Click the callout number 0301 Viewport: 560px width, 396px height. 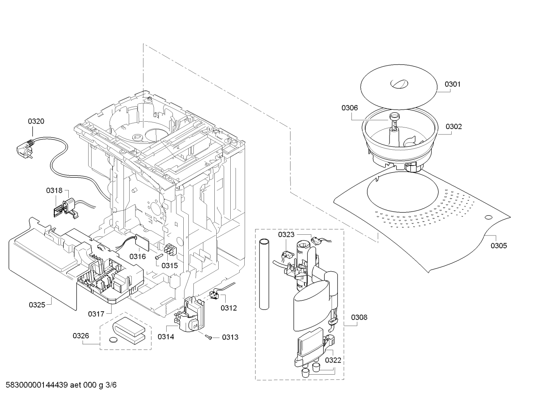click(452, 84)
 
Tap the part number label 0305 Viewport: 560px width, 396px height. click(499, 246)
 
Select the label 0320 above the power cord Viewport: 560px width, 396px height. click(36, 121)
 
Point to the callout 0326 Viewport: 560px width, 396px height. click(81, 336)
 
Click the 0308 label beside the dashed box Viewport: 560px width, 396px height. click(359, 317)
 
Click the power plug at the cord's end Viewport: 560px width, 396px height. click(25, 150)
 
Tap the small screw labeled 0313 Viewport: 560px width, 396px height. click(209, 337)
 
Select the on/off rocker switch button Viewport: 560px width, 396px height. click(195, 326)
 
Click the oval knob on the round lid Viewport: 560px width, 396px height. click(399, 84)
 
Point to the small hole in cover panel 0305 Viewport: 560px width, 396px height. click(488, 217)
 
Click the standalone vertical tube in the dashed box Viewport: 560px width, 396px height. click(264, 274)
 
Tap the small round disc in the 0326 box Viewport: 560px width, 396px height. click(114, 340)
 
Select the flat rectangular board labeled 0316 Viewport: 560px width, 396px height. click(142, 243)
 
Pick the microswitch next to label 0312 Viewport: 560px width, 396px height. click(214, 295)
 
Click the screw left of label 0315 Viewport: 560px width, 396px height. click(159, 256)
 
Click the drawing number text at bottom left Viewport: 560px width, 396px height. click(61, 385)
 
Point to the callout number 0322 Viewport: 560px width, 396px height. click(333, 360)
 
